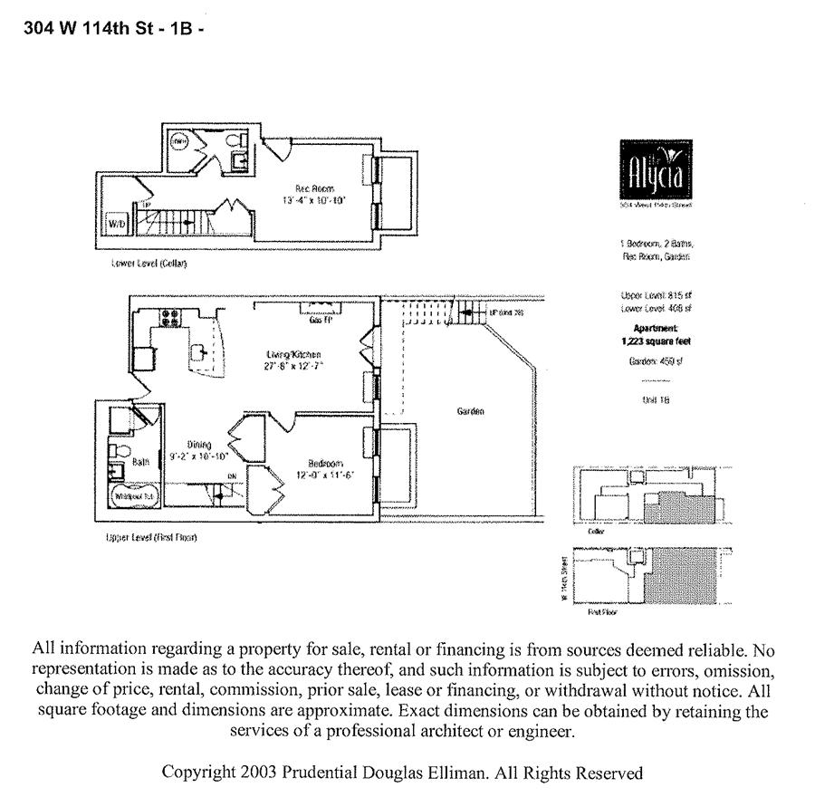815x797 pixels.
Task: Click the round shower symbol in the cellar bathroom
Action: [x=179, y=141]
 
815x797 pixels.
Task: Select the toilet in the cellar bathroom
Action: [x=233, y=142]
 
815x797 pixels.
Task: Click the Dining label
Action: [x=199, y=445]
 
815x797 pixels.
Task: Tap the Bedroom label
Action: [x=324, y=462]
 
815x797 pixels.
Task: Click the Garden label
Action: [x=470, y=411]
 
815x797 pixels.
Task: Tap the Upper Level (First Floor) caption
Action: [x=151, y=537]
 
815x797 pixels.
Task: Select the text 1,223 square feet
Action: [x=651, y=341]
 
